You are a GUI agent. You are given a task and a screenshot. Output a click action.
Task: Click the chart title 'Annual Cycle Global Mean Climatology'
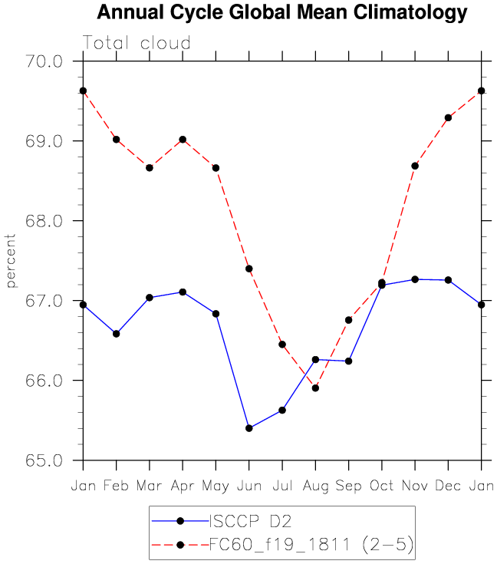281,12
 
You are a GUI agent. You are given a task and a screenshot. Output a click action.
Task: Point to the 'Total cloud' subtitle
137,43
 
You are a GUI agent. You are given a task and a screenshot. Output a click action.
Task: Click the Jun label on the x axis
249,486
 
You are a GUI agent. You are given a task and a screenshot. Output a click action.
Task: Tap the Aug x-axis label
315,486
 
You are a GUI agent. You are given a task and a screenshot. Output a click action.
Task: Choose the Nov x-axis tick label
415,486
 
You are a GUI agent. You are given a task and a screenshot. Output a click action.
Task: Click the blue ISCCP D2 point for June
249,428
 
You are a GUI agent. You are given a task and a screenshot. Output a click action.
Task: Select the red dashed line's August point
315,388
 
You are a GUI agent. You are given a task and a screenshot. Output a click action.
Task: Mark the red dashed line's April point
183,140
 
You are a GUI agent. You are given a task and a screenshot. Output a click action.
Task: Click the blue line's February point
116,334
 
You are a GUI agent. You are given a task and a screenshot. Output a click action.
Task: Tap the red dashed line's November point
415,166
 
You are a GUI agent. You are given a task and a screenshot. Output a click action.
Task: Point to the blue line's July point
282,411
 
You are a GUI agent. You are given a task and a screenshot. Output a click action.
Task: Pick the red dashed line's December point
448,117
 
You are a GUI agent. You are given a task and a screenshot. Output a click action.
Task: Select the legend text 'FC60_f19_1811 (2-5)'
311,545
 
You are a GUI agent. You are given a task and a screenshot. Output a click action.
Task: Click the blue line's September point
349,361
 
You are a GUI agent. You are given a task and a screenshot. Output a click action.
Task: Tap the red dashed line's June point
249,269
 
